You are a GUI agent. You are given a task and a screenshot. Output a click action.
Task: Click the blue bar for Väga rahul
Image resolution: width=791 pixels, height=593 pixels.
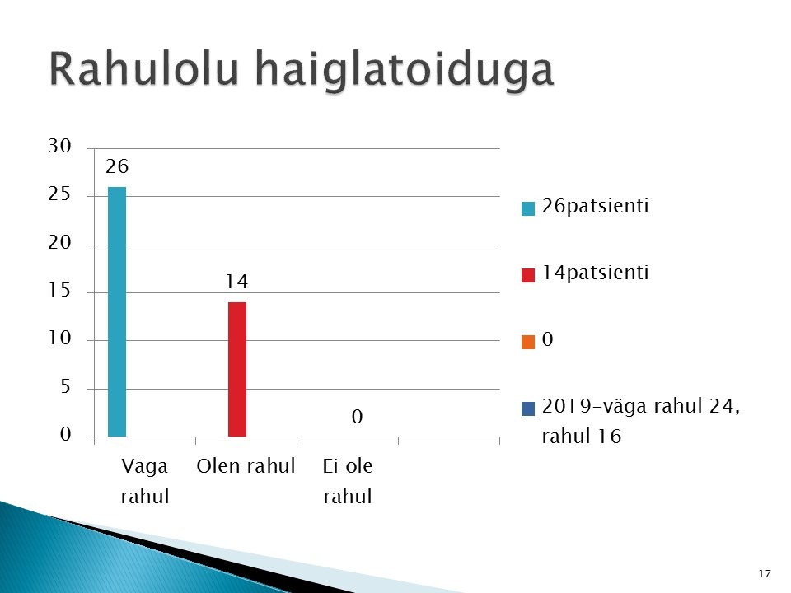pyautogui.click(x=117, y=311)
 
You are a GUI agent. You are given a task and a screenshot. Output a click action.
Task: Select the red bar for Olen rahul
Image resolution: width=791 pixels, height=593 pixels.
pyautogui.click(x=237, y=370)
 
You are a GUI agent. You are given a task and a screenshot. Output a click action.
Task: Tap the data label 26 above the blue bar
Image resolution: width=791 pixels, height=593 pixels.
pyautogui.click(x=117, y=166)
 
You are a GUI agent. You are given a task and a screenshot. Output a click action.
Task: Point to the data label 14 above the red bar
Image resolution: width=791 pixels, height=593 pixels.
pyautogui.click(x=237, y=282)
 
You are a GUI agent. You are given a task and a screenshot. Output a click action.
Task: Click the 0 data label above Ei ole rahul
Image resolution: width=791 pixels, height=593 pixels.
pyautogui.click(x=357, y=417)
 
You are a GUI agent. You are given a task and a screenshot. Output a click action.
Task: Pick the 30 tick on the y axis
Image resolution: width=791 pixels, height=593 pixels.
pyautogui.click(x=59, y=147)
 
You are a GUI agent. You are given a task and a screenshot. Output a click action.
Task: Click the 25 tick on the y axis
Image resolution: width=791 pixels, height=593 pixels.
pyautogui.click(x=59, y=194)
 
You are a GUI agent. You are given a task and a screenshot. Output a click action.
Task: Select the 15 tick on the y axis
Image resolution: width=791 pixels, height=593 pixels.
pyautogui.click(x=59, y=291)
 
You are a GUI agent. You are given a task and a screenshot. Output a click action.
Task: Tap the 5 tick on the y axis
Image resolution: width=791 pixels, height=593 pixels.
pyautogui.click(x=66, y=387)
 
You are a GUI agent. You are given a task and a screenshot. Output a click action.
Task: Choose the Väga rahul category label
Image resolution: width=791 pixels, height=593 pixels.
pyautogui.click(x=145, y=481)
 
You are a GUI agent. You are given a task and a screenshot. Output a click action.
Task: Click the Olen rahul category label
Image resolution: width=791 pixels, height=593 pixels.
pyautogui.click(x=246, y=466)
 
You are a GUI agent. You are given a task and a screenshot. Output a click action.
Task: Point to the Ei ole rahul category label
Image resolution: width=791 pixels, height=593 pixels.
pyautogui.click(x=348, y=481)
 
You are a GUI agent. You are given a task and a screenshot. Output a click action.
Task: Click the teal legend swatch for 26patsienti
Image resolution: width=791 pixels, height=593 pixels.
pyautogui.click(x=527, y=208)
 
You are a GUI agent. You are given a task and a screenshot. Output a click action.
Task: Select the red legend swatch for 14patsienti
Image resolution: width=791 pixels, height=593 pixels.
pyautogui.click(x=527, y=275)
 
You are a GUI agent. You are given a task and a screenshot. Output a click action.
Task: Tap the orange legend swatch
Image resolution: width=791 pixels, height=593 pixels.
pyautogui.click(x=527, y=342)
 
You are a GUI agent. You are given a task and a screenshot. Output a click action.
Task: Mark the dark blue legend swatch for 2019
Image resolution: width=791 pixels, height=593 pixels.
pyautogui.click(x=527, y=409)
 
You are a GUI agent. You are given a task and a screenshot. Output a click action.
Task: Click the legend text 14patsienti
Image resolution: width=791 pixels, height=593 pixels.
pyautogui.click(x=595, y=273)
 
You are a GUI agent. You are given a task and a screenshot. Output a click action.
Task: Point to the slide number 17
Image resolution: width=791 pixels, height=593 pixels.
pyautogui.click(x=765, y=573)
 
